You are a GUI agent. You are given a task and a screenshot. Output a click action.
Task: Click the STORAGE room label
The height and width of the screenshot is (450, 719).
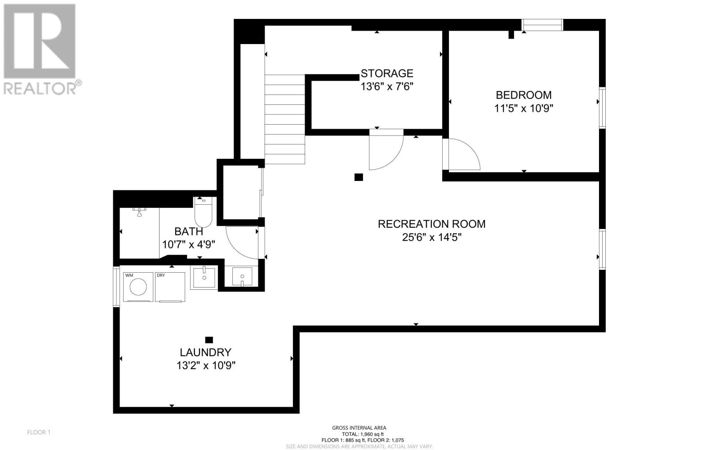(387, 73)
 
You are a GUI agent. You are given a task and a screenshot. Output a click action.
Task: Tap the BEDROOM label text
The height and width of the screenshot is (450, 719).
(524, 95)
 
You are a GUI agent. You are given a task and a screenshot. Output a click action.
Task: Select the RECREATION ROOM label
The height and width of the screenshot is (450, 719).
(431, 224)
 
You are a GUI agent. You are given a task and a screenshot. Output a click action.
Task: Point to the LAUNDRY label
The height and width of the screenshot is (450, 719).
(205, 352)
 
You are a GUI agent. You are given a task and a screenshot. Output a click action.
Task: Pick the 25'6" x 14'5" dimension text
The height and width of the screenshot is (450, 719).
(432, 237)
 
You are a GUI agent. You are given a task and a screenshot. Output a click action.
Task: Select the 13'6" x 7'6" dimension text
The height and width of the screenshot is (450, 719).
(387, 86)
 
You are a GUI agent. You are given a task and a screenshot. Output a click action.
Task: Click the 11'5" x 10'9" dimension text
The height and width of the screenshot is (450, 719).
(524, 108)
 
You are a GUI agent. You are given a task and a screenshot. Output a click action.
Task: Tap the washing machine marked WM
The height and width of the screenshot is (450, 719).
(138, 287)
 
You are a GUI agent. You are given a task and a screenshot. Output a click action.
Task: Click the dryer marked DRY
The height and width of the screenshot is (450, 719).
(170, 287)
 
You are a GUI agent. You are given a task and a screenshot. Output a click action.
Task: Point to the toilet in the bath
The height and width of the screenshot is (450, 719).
(203, 212)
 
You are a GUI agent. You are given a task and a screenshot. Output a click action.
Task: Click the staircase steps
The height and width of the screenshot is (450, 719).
(285, 119)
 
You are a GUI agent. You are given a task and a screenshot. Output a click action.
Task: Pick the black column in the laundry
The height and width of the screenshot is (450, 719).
(209, 340)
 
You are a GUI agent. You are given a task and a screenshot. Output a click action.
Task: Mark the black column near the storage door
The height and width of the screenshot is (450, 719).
(359, 177)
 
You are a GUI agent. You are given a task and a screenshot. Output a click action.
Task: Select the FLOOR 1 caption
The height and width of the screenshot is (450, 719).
(39, 432)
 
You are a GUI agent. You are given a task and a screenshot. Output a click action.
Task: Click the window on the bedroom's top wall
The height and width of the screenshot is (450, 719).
(542, 25)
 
